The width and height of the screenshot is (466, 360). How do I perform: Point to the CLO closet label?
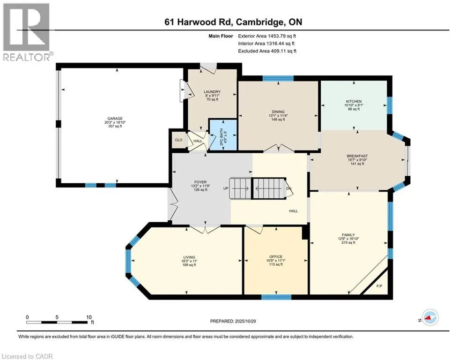point(178,140)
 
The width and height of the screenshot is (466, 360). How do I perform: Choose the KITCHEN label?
point(354,102)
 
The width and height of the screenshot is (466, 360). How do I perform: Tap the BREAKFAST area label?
point(356,156)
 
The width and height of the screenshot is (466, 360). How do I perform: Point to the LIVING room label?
point(189,257)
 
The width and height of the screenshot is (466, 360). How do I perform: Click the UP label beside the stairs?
point(226,188)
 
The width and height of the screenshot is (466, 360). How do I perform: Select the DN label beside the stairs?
point(289,188)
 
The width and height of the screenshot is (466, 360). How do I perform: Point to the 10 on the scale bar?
point(89,317)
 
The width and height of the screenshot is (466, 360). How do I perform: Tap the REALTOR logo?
point(26,32)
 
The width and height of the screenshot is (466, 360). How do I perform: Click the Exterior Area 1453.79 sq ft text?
point(267,36)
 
